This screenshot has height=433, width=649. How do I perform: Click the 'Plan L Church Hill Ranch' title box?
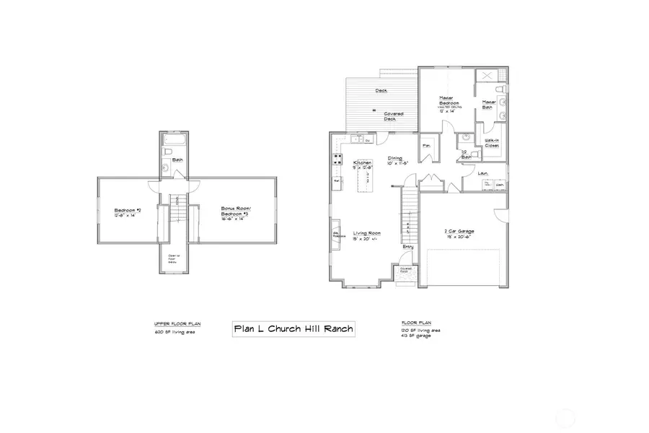(293, 329)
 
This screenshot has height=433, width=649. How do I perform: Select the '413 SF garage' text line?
(417, 336)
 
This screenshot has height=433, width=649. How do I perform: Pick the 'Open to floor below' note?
(173, 259)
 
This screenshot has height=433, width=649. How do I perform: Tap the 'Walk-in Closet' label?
(493, 142)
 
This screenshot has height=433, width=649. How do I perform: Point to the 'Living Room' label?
(366, 235)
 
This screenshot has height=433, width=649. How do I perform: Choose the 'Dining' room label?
(395, 159)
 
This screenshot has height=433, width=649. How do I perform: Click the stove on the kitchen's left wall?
(335, 158)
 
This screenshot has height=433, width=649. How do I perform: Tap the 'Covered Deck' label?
(393, 116)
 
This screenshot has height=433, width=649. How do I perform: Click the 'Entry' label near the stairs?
(408, 248)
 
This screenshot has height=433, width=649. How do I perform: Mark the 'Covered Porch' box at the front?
(406, 272)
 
